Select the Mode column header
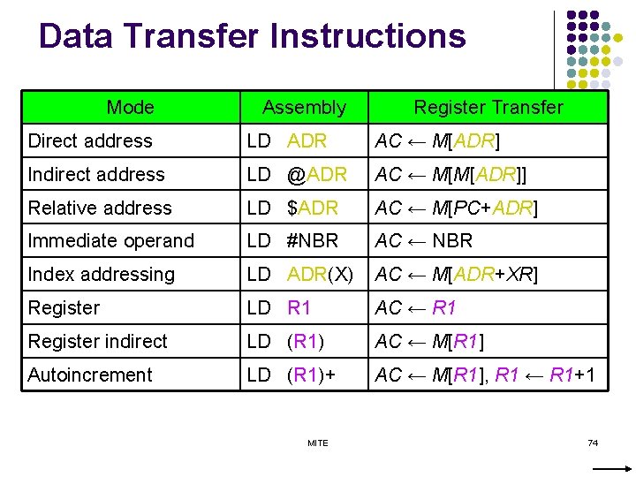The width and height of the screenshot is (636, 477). (x=130, y=108)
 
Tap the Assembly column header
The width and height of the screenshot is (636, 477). (x=304, y=108)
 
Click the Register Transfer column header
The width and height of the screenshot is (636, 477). (x=488, y=108)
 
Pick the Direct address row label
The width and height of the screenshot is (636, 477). (x=90, y=141)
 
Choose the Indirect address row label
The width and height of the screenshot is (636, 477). (x=96, y=175)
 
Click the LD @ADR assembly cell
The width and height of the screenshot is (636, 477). (x=297, y=175)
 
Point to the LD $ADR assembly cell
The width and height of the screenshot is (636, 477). (x=292, y=208)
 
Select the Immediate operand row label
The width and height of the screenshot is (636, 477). (x=111, y=241)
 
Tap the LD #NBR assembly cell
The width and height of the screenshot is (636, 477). (x=292, y=241)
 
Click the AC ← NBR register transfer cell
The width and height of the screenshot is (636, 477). (x=424, y=241)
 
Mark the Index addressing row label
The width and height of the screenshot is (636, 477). (x=102, y=275)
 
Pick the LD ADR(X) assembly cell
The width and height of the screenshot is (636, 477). (x=300, y=275)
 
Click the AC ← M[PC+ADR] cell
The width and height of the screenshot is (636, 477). (x=457, y=208)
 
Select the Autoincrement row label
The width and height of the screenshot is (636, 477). (x=90, y=375)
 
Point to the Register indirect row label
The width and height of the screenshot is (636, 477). (x=97, y=342)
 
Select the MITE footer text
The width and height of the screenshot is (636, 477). (x=317, y=443)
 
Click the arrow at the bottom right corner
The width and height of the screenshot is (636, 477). (x=618, y=466)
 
